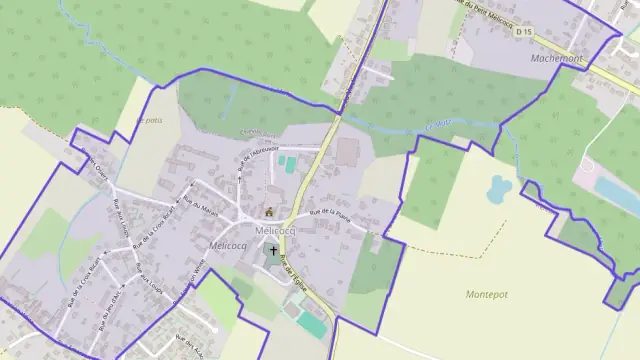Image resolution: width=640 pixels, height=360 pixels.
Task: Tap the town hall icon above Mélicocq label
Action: click(268, 211)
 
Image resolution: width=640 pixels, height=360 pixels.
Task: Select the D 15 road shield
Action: click(524, 32)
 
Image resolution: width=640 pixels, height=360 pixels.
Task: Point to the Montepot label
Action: click(486, 294)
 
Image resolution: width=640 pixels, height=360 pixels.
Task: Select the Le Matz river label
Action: click(437, 126)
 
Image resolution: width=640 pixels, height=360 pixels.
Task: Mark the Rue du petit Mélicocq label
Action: click(487, 14)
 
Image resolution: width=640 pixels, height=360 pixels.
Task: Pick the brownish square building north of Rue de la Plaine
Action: click(347, 153)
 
